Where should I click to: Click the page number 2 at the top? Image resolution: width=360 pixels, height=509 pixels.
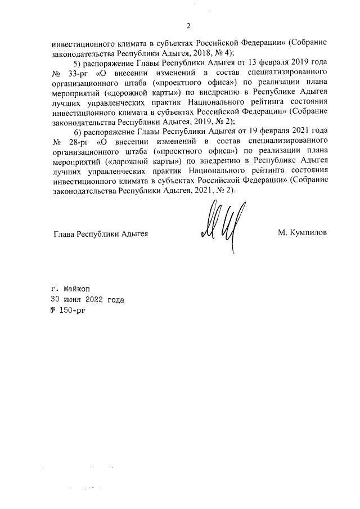(189, 25)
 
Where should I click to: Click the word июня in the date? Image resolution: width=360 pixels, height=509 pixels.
(75, 299)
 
